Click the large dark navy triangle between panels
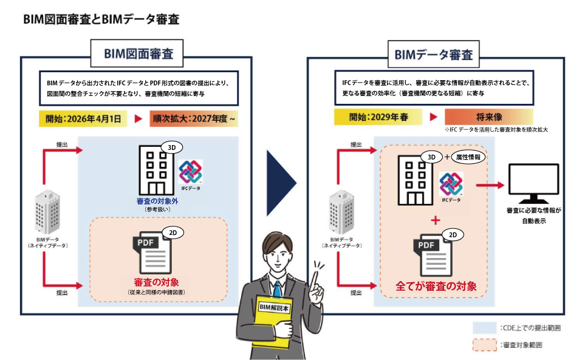coord(281,182)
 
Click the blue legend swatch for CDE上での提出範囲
coord(484,328)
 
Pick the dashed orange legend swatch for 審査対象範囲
coord(484,345)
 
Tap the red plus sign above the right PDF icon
coord(435,220)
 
